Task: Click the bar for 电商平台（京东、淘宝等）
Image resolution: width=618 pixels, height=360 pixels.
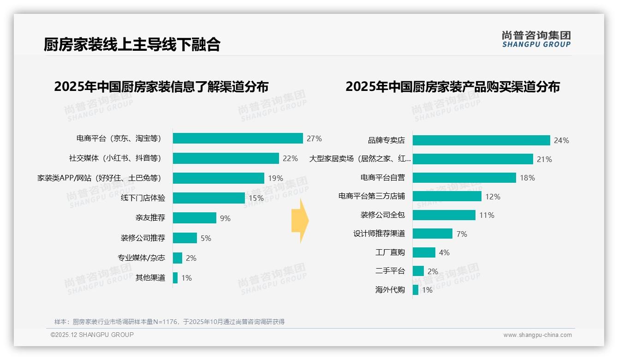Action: (x=238, y=138)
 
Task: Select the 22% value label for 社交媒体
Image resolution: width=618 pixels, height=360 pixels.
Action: (x=290, y=158)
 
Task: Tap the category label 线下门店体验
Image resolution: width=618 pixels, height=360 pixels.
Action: (x=143, y=198)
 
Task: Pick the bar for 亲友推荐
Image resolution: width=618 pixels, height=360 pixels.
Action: (x=194, y=218)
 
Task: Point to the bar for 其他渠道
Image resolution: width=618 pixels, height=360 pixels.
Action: (x=175, y=278)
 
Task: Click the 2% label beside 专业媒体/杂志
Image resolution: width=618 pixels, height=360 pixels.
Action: (x=191, y=258)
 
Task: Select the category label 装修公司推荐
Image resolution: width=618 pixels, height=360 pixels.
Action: (x=143, y=238)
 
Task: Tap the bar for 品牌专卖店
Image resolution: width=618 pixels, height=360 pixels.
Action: (x=481, y=140)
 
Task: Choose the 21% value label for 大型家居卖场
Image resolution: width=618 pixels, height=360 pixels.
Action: (x=544, y=159)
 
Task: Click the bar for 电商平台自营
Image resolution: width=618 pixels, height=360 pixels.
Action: (x=464, y=178)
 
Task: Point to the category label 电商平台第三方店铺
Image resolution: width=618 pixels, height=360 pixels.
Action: (x=372, y=197)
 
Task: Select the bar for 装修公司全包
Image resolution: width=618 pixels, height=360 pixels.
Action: (x=444, y=215)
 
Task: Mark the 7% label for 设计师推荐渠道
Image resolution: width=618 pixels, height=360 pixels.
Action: (x=462, y=234)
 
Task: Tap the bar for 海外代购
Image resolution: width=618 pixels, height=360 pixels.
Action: (x=416, y=290)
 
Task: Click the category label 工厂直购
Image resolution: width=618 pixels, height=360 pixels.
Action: (x=390, y=252)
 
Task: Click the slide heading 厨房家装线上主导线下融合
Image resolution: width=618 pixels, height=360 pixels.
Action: (x=132, y=44)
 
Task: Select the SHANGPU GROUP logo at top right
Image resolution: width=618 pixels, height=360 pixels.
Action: (x=536, y=39)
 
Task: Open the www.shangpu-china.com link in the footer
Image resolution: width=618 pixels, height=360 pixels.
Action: (x=537, y=335)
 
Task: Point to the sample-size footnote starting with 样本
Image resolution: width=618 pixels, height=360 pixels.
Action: (x=169, y=322)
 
